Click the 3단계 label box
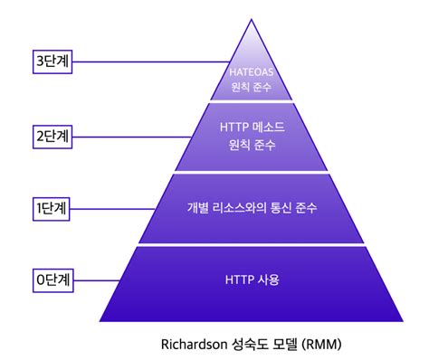[51, 62]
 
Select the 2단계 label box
[51, 137]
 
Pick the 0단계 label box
[51, 277]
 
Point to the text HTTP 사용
[252, 279]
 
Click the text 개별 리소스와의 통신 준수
[252, 208]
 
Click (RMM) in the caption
[324, 344]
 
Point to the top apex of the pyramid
[252, 20]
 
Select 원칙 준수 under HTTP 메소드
[252, 145]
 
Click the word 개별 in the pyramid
[198, 208]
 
